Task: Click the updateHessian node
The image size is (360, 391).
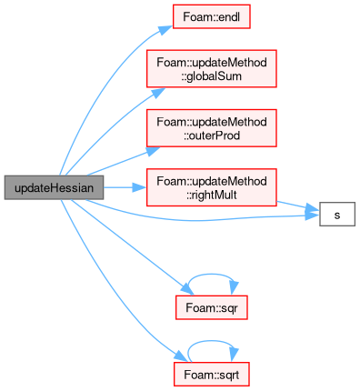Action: coord(54,187)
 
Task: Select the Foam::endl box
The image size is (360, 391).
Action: coord(212,16)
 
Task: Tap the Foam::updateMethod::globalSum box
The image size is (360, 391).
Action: coord(212,69)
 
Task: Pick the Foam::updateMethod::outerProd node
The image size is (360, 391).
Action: coord(212,128)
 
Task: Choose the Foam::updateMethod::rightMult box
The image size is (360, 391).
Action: coord(212,187)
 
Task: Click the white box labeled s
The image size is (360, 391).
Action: coord(337,215)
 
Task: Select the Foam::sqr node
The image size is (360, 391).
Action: coord(212,307)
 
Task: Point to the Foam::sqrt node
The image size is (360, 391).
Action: coord(212,375)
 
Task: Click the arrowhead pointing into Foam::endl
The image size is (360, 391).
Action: coord(165,30)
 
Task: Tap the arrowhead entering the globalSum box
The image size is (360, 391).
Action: coord(158,93)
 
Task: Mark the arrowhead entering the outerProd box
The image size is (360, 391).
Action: coord(153,151)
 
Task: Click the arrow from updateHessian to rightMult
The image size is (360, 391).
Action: coord(125,187)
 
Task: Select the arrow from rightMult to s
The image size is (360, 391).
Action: coord(298,206)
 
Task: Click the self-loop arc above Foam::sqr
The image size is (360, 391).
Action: coord(212,275)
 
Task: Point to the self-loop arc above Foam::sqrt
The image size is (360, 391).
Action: coord(211,341)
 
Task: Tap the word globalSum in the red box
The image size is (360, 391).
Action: coord(212,75)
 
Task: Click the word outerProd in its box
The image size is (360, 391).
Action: coord(212,135)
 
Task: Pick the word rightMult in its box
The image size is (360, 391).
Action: coord(212,195)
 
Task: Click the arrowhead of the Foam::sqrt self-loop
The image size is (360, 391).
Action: coord(234,355)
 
